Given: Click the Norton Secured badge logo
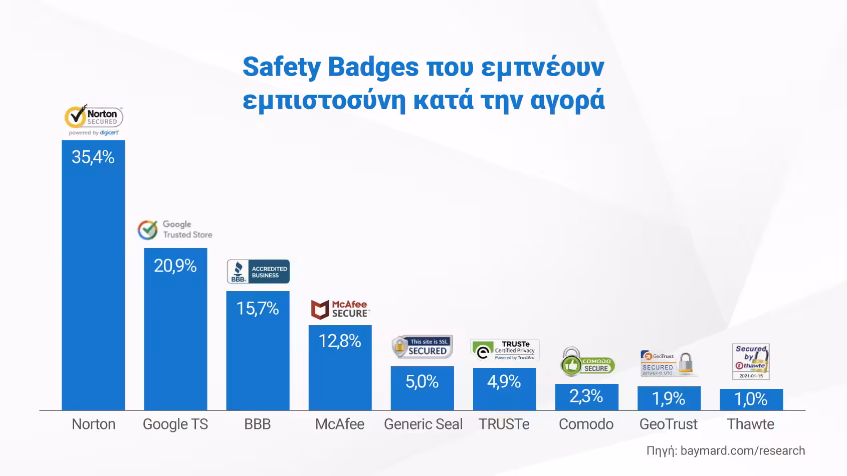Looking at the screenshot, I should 94,120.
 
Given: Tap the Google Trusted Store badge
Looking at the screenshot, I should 175,229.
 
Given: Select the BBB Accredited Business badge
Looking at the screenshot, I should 258,272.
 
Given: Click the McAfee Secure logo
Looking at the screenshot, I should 340,309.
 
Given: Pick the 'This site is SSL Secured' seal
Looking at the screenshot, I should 422,347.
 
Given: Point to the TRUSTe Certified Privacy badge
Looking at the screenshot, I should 505,350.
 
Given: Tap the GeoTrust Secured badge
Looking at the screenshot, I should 669,363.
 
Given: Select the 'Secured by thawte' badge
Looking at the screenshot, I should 751,361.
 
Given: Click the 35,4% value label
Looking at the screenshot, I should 93,157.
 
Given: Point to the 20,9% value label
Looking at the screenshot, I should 175,266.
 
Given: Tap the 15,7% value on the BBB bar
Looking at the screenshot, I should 258,308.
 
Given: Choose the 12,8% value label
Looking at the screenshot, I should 340,341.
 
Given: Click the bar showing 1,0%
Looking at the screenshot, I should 751,399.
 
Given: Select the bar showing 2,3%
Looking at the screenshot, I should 586,396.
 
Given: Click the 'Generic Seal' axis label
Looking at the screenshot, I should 423,424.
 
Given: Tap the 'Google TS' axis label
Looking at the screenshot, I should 175,424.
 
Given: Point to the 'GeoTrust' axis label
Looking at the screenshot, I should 669,424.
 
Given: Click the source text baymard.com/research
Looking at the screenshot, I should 743,450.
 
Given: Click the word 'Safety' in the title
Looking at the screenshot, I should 281,67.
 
